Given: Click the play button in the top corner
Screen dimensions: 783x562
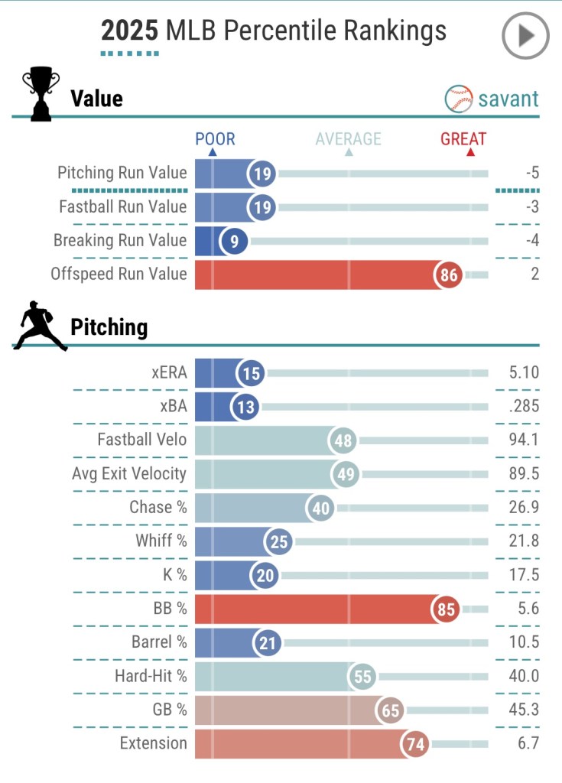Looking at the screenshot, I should tap(525, 36).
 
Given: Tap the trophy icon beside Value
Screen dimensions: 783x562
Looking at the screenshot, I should tap(40, 94).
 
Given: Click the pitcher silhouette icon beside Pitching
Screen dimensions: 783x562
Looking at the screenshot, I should tap(39, 327).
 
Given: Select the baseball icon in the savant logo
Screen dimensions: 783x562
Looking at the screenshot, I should tap(459, 99).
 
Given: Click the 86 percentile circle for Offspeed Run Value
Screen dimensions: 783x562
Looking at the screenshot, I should tap(449, 275).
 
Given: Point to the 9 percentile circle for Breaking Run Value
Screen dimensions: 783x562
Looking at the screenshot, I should tap(234, 241).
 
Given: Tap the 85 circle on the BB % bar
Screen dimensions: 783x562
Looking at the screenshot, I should tap(446, 610).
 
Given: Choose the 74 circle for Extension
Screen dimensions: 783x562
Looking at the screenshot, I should tap(418, 743).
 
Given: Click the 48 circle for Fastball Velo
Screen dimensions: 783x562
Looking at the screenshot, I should tap(343, 441).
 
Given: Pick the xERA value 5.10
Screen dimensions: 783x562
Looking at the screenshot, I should tap(524, 372).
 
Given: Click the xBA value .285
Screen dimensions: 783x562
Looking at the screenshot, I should tap(524, 406).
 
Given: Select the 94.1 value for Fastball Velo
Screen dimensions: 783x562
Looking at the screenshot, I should tap(524, 440).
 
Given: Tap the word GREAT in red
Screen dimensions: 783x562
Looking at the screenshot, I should tap(463, 139).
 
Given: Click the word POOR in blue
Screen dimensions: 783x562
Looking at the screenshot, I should tap(215, 139).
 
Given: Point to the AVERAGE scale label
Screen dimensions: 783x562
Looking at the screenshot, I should tap(348, 139).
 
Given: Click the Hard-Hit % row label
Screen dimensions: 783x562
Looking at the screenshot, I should tap(151, 675).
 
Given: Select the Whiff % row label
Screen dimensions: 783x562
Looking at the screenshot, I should tap(161, 541).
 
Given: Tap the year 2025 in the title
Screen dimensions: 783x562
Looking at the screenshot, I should tap(130, 31).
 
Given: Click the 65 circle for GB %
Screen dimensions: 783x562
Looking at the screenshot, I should tap(391, 710).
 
